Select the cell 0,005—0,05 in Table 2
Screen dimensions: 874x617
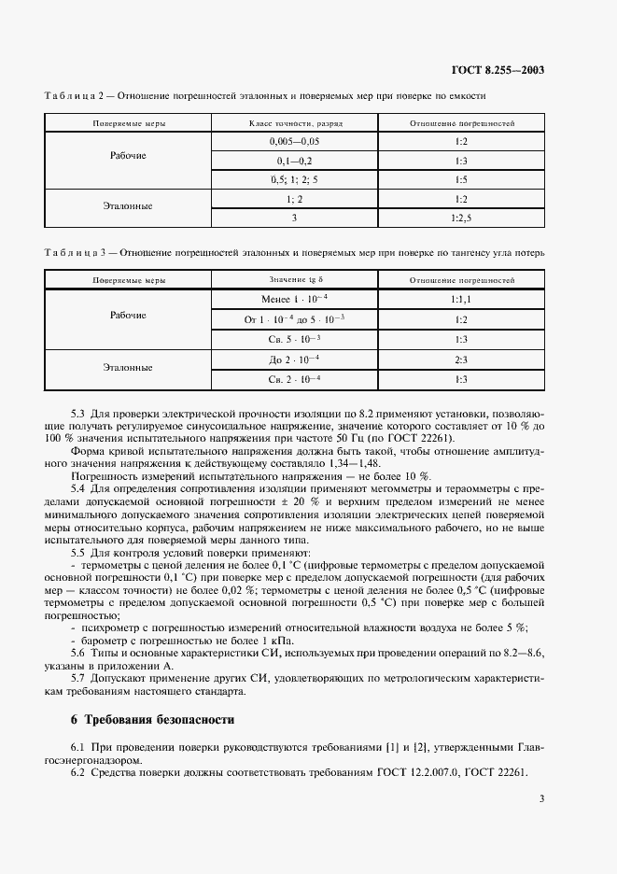click(x=294, y=141)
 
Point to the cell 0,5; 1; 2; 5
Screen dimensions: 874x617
click(x=294, y=179)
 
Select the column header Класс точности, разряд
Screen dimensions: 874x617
click(x=295, y=123)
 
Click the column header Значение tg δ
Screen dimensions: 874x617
click(x=295, y=280)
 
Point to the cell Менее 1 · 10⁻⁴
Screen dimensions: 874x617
click(x=295, y=299)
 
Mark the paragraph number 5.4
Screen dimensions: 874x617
click(x=78, y=487)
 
